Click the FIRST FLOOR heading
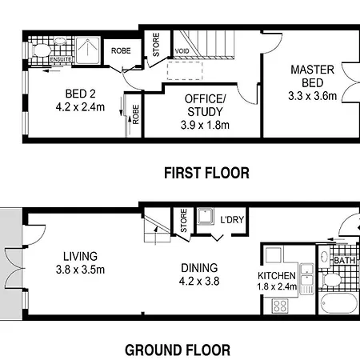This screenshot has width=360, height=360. (x=206, y=173)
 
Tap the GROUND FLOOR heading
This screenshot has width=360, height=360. (x=178, y=350)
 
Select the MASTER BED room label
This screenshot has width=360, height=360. (x=312, y=76)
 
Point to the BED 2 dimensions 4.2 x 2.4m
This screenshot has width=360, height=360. (x=80, y=107)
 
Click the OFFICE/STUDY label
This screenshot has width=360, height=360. (x=205, y=106)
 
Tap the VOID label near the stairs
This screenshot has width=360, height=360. (x=182, y=51)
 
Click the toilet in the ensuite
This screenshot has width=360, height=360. (x=41, y=50)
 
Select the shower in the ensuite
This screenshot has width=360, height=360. (x=87, y=50)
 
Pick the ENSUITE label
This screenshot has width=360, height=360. (x=61, y=59)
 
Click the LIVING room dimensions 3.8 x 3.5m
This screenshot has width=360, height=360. (x=80, y=270)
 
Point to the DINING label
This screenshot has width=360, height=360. (x=199, y=268)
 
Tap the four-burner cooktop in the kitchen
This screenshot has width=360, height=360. (x=280, y=306)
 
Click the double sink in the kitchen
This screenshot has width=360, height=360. (x=307, y=275)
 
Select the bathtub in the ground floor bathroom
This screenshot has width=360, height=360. (x=339, y=303)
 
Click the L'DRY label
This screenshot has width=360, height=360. (x=232, y=220)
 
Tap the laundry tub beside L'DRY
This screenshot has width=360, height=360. (x=205, y=216)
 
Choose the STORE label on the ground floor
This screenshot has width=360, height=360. (x=184, y=220)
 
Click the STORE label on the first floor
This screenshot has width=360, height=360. (x=156, y=45)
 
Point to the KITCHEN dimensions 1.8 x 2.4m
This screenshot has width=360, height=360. (x=277, y=286)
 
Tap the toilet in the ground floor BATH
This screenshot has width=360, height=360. (x=331, y=280)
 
